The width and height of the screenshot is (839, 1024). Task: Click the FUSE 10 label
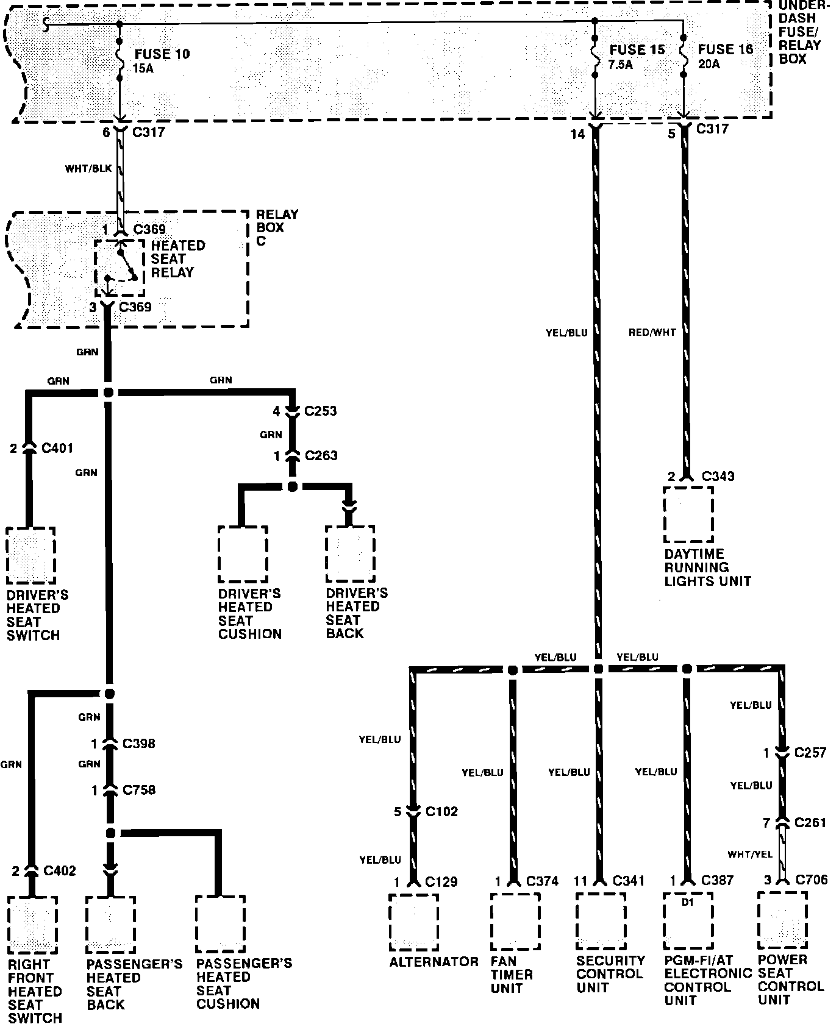[x=162, y=54]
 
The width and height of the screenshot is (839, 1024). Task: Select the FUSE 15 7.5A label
[x=637, y=57]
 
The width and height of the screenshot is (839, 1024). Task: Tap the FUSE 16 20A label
[x=726, y=56]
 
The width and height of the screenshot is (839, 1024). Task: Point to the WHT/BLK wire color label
[x=88, y=168]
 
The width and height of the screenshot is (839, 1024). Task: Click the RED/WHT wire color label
[x=652, y=333]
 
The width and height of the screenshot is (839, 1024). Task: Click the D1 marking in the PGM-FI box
[x=688, y=903]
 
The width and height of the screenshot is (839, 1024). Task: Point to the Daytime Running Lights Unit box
[x=688, y=514]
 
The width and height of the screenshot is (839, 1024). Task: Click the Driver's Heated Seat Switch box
[x=30, y=555]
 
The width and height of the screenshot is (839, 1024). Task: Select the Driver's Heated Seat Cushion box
[x=243, y=554]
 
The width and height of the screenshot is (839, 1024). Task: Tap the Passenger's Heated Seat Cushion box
[x=220, y=923]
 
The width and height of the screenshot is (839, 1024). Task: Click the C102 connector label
[x=441, y=811]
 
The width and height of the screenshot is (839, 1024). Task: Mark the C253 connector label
[x=321, y=411]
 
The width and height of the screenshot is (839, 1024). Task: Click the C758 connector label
[x=139, y=790]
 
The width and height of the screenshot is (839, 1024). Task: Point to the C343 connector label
[x=718, y=476]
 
